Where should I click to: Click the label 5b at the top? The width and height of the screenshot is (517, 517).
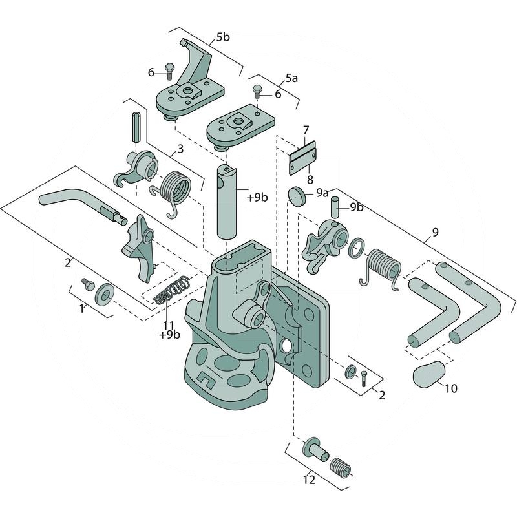(x=222, y=37)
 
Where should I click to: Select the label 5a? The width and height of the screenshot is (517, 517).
(x=291, y=78)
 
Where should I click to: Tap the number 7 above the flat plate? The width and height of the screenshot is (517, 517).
(x=306, y=129)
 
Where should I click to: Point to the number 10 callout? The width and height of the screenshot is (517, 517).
(x=450, y=388)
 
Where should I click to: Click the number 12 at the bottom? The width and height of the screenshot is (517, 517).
(x=310, y=480)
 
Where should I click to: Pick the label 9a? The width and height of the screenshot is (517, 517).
(x=322, y=193)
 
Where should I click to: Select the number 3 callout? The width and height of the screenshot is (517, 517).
(x=180, y=149)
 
